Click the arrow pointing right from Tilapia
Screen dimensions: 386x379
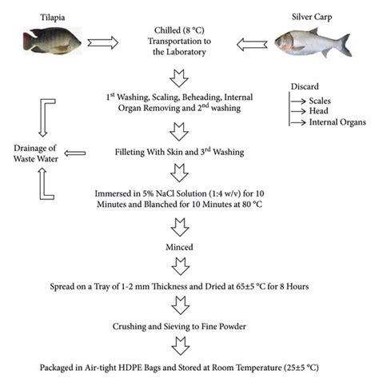coord(103,41)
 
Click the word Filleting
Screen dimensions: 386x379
coord(136,152)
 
